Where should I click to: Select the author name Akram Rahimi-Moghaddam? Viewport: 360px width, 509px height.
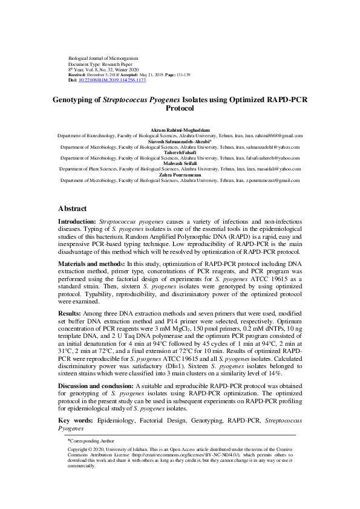point(180,131)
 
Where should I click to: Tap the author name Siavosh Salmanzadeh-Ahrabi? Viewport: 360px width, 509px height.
point(180,141)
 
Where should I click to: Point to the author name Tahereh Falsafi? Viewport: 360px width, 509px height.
point(180,152)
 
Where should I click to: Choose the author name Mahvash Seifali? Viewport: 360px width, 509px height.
point(180,164)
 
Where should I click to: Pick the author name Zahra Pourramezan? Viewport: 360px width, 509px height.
point(180,175)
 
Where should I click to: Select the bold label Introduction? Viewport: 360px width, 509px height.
point(77,222)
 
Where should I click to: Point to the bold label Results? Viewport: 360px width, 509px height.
point(69,313)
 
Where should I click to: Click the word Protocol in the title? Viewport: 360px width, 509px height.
point(180,109)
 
